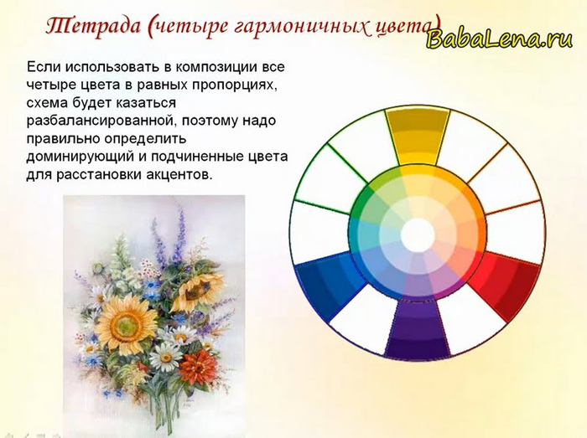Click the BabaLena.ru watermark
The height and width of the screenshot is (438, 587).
499,39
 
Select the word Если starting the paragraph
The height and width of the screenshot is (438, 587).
44,67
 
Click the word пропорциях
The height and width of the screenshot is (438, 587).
236,86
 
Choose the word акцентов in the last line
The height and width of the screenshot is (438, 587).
177,175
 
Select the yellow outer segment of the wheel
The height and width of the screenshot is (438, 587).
418,137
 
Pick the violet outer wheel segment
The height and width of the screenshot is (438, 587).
418,327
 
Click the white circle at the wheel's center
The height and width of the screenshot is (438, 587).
418,235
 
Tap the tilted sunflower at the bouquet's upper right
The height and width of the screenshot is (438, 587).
198,291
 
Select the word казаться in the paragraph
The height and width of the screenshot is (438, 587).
147,103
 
